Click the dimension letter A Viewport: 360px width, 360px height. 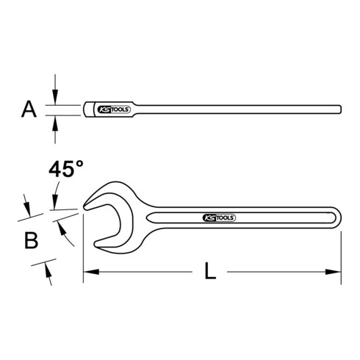click(29, 110)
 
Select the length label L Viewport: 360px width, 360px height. click(211, 272)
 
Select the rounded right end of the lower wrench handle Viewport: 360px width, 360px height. click(337, 217)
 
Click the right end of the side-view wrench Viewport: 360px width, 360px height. click(340, 110)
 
